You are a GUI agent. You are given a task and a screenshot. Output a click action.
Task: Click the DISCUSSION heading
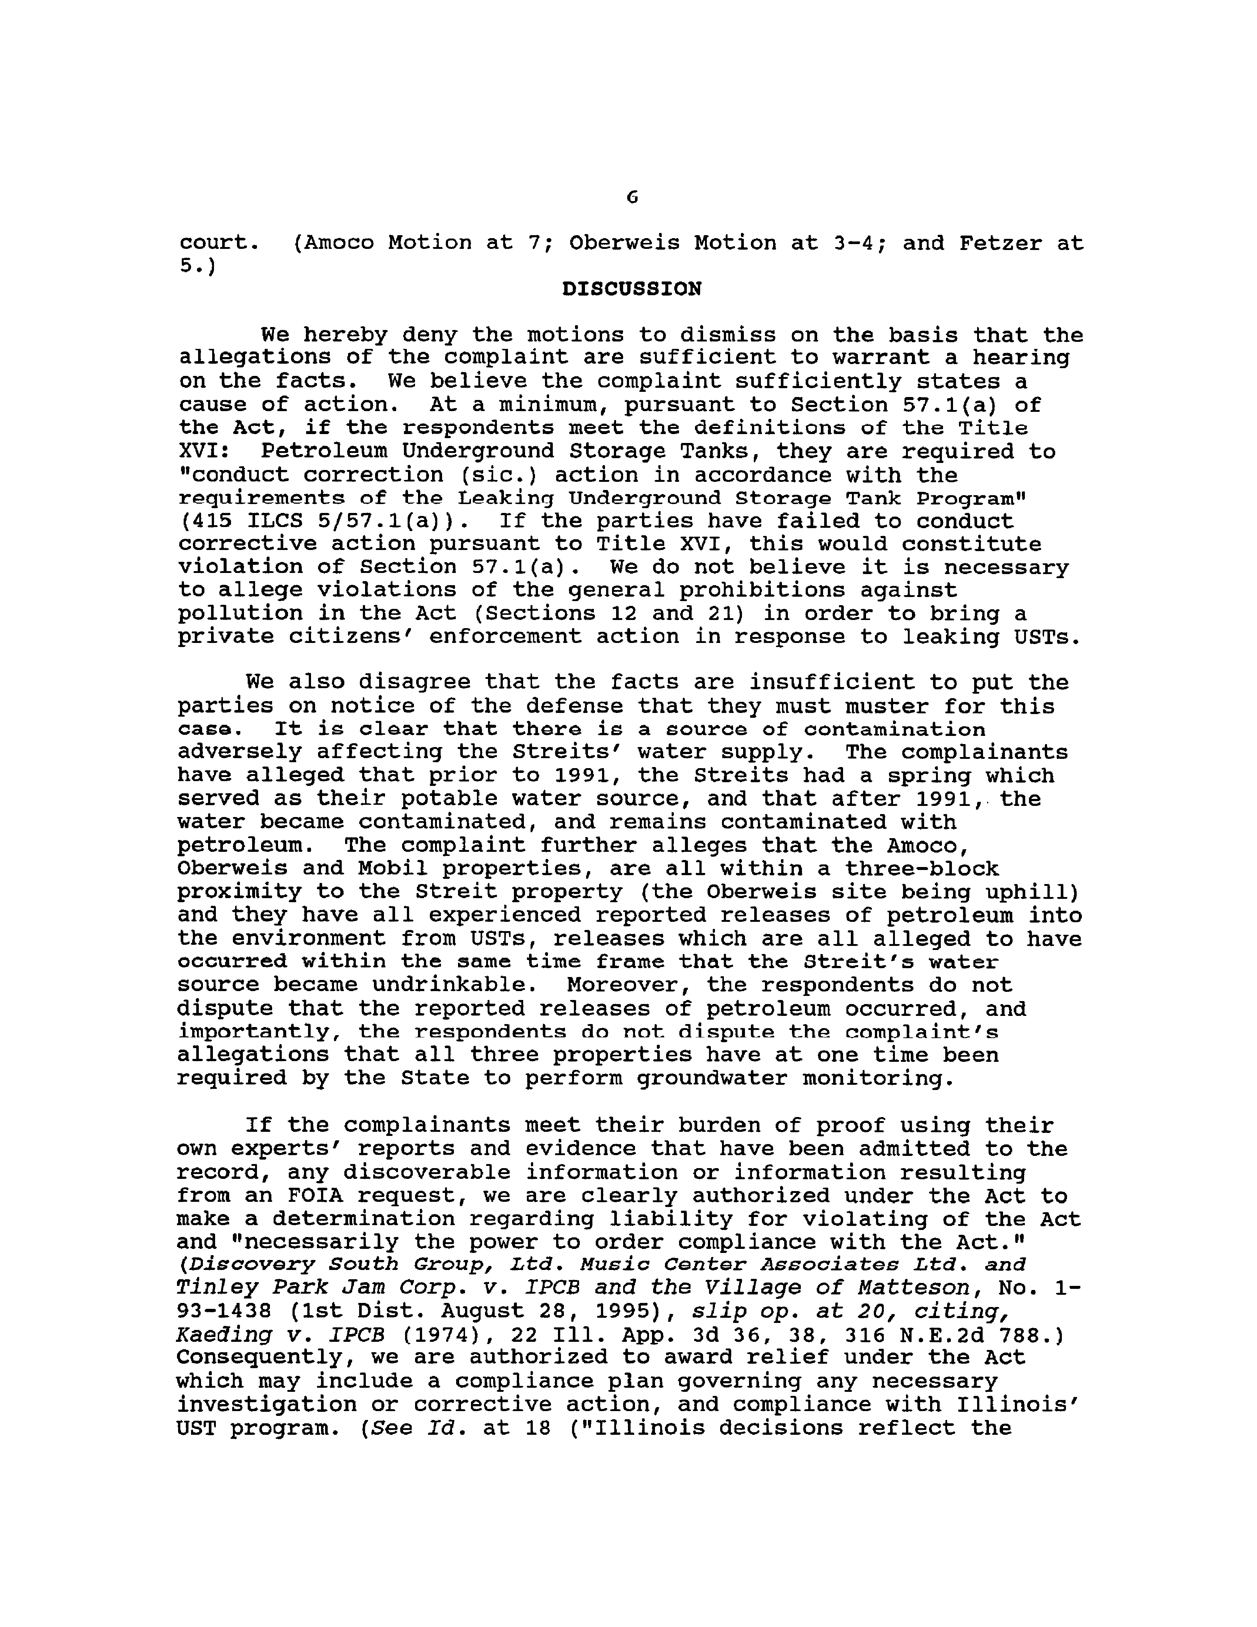(x=632, y=289)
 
